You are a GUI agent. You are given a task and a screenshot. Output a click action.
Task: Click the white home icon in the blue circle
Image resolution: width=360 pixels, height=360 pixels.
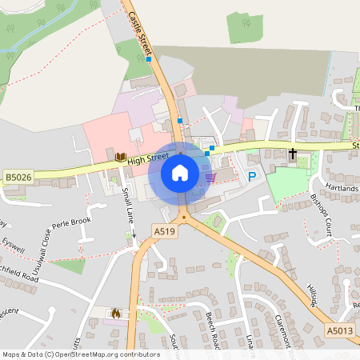click(x=180, y=172)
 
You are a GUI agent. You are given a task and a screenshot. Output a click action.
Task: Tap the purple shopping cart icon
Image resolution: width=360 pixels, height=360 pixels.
click(x=210, y=177)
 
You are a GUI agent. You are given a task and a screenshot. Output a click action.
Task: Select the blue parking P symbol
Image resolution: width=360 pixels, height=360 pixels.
click(x=253, y=177)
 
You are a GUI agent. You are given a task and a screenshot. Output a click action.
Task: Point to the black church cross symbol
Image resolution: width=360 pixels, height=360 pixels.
click(x=293, y=153)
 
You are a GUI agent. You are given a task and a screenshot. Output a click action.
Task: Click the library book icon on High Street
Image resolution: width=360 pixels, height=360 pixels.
click(x=120, y=158)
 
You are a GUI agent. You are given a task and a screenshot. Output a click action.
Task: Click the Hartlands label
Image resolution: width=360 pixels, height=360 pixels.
click(x=342, y=188)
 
